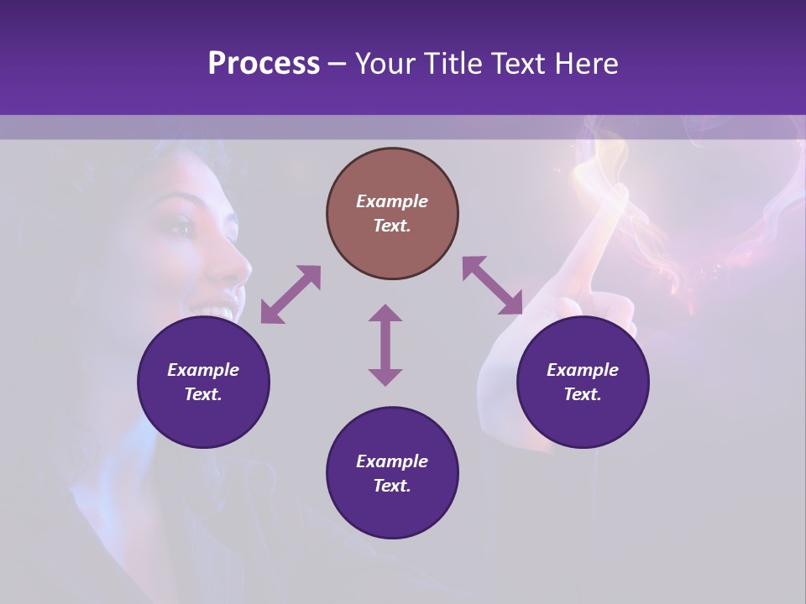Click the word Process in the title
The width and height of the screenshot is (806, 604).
pyautogui.click(x=264, y=64)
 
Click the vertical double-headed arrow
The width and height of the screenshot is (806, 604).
pyautogui.click(x=385, y=345)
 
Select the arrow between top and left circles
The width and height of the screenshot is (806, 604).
pyautogui.click(x=290, y=294)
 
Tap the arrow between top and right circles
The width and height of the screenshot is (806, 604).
pyautogui.click(x=492, y=286)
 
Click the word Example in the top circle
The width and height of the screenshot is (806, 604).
pyautogui.click(x=392, y=201)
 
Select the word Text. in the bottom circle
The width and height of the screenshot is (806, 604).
pyautogui.click(x=392, y=486)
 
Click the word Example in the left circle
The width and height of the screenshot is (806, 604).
pyautogui.click(x=203, y=370)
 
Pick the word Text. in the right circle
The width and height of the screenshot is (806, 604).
pyautogui.click(x=583, y=394)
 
